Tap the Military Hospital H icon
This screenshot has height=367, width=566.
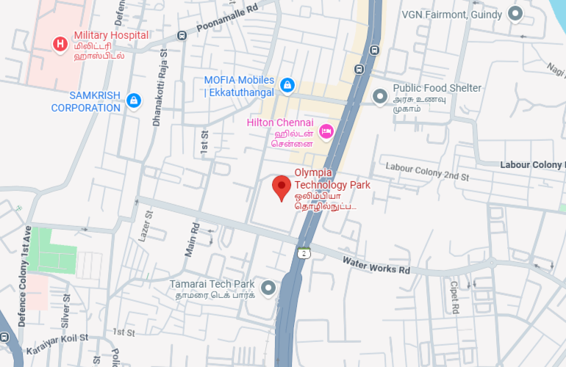click(60, 45)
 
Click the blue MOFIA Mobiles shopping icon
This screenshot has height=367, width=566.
click(287, 86)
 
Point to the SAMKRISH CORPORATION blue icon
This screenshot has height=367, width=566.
click(133, 101)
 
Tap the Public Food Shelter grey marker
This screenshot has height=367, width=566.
click(380, 96)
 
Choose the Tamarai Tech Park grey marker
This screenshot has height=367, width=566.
click(268, 288)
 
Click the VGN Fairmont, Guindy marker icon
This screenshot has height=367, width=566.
click(515, 14)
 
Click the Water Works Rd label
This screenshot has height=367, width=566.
click(376, 264)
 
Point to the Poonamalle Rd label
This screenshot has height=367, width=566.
click(228, 18)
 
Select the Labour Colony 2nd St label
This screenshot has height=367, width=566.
click(427, 172)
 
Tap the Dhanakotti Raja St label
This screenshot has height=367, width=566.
click(160, 85)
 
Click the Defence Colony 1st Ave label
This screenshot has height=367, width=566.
click(24, 276)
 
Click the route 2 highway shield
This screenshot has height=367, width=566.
click(303, 253)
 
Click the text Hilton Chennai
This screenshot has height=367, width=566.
click(279, 122)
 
